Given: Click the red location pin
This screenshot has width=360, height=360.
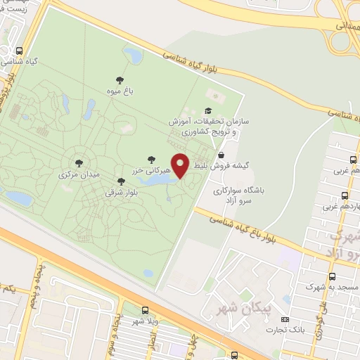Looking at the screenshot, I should point(180,166).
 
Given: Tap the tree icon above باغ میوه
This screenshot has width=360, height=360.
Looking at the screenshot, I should point(120,79).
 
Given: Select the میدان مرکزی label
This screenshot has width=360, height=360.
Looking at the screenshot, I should point(78,173).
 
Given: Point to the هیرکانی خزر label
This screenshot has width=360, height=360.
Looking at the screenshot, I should point(149,170).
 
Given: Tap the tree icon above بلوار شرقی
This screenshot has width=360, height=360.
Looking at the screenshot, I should point(121,181).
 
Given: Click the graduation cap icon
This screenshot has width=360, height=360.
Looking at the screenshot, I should point(207,110).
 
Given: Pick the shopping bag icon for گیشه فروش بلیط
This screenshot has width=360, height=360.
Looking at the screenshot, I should point(221,155).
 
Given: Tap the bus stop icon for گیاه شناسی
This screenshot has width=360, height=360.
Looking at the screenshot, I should point(18,51).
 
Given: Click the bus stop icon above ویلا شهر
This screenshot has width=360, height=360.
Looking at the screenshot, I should point(145,310).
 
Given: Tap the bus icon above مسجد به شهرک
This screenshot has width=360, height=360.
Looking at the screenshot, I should point(307,274).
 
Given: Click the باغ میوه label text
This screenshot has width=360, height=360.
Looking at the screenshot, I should point(120,91).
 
